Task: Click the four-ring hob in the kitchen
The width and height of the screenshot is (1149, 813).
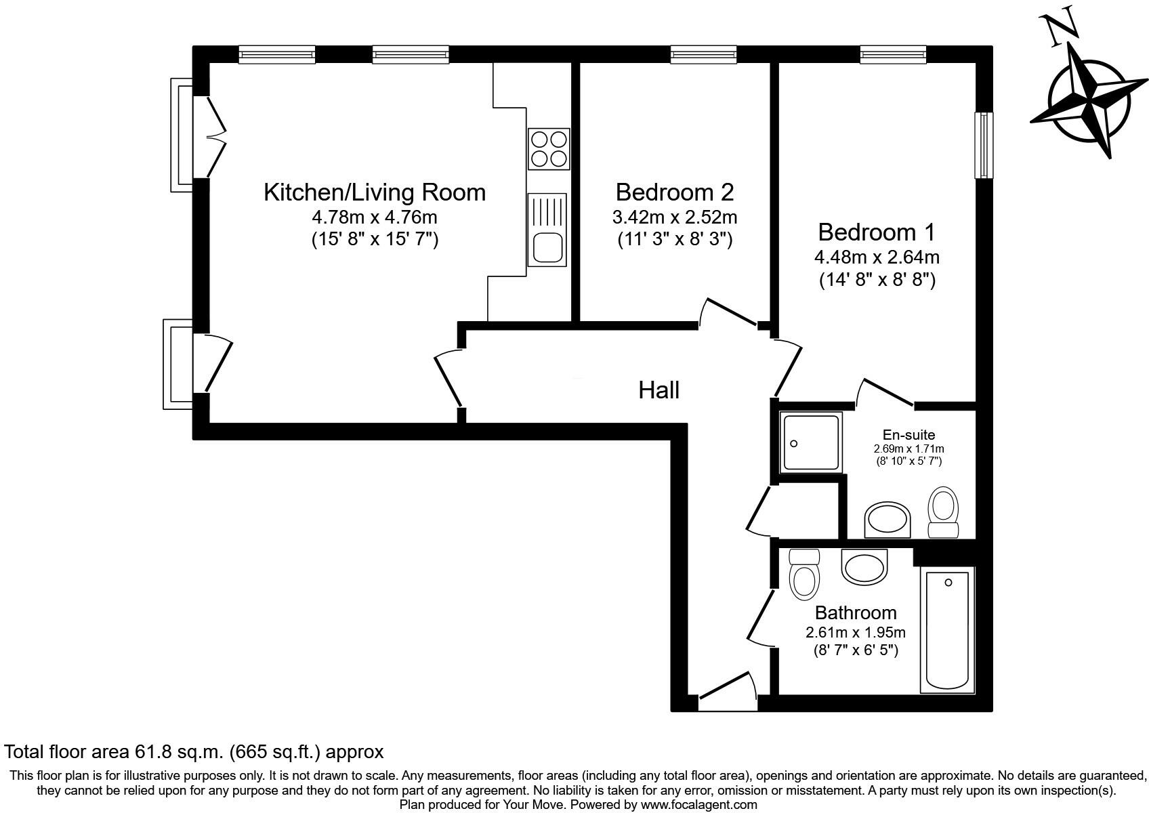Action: (x=548, y=149)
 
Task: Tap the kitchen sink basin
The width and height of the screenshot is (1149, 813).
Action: (x=547, y=247)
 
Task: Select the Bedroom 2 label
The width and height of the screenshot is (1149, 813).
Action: (x=674, y=192)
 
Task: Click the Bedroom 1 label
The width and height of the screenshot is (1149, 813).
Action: (x=876, y=232)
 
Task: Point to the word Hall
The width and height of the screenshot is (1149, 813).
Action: (x=659, y=390)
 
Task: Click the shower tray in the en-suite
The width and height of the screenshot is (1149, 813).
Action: (x=811, y=442)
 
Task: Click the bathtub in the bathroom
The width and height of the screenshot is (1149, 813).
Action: (x=947, y=630)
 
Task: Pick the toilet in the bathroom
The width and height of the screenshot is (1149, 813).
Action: (x=804, y=575)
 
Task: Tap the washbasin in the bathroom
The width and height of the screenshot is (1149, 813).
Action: (x=864, y=566)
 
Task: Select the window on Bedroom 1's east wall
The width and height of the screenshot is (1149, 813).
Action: (x=983, y=145)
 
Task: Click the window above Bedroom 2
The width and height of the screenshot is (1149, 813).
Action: (x=703, y=54)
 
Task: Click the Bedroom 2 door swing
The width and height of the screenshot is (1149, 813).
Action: (x=728, y=312)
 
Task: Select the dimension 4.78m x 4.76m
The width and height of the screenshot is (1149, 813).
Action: (x=374, y=218)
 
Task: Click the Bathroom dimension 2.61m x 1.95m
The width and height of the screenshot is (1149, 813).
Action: (x=855, y=633)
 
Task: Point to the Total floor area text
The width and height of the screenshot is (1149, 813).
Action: (x=194, y=751)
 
